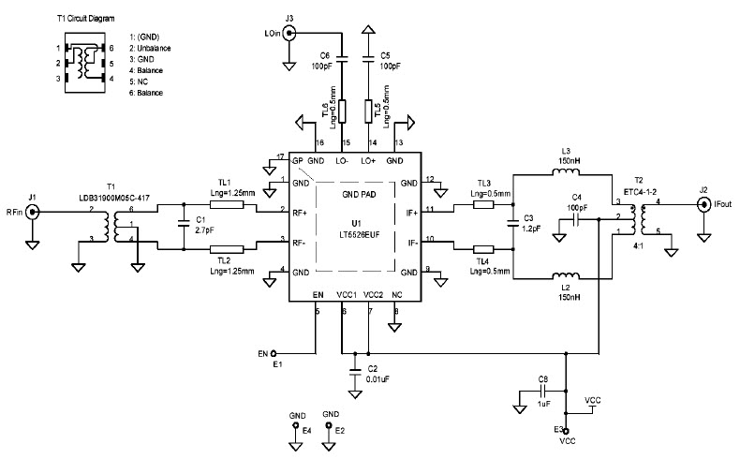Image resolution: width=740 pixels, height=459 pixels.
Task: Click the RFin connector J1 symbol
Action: pyautogui.click(x=33, y=213)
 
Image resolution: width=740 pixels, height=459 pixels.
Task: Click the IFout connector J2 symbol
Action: pyautogui.click(x=703, y=202)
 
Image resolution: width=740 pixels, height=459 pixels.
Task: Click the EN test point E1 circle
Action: pyautogui.click(x=274, y=354)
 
